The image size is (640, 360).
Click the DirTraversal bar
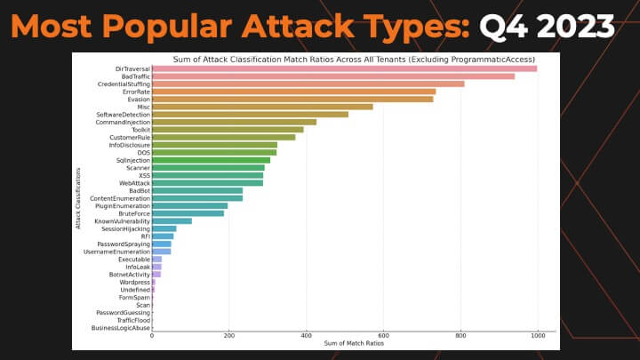pos(344,68)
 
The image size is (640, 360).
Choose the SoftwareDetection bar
pos(250,114)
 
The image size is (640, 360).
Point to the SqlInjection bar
pos(211,160)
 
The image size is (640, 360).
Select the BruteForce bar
pos(188,213)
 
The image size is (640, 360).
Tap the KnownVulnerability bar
pos(172,220)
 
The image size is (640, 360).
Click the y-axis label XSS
pos(144,175)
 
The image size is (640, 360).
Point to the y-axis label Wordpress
pos(135,282)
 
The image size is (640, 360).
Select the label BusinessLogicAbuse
pos(121,328)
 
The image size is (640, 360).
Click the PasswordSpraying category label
pos(124,244)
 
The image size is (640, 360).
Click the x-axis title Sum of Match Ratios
pos(353,344)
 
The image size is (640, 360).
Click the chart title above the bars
pos(354,58)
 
